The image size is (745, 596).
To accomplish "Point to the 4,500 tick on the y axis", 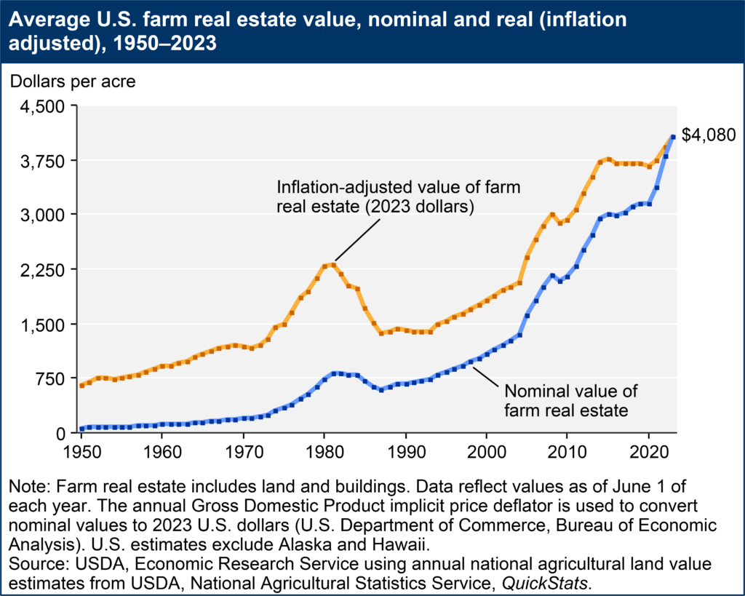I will (x=44, y=106).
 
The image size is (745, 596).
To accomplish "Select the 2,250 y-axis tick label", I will (x=44, y=269).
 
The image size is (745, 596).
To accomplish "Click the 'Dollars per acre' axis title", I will (x=72, y=82).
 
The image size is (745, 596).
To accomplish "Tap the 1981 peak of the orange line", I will (x=333, y=264).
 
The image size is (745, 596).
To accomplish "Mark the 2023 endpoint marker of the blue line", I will (x=673, y=137).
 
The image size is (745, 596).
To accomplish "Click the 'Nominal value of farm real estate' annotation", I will (x=565, y=400).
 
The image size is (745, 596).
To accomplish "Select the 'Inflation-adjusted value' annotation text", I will (x=398, y=196).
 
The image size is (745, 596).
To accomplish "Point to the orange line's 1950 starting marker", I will (x=81, y=385).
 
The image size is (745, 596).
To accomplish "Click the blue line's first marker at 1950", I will (x=81, y=429).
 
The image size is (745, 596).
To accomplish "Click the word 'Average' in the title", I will (x=45, y=20).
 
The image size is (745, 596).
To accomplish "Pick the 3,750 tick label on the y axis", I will (x=44, y=161).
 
